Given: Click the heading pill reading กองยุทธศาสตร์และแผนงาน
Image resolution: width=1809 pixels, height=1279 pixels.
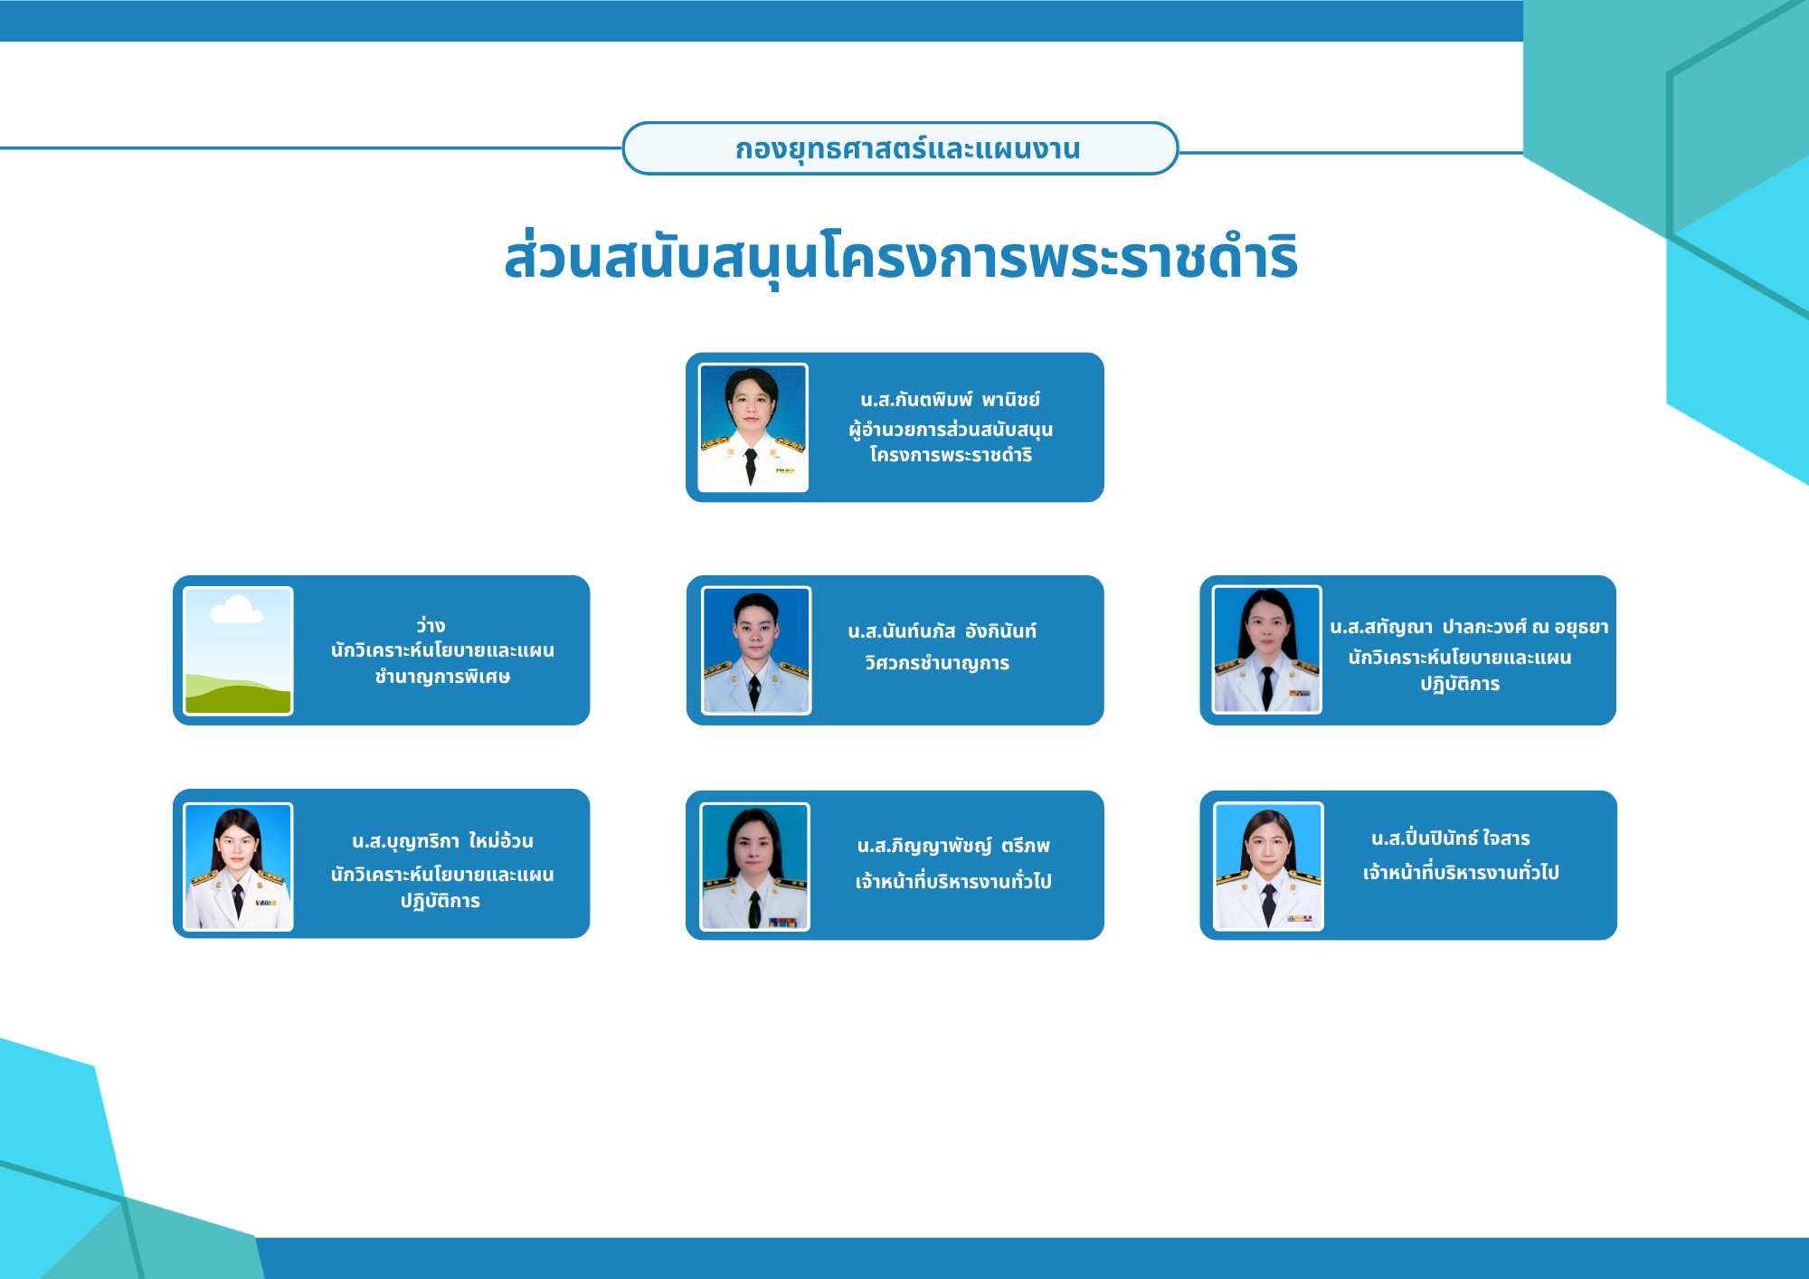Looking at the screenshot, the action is click(900, 148).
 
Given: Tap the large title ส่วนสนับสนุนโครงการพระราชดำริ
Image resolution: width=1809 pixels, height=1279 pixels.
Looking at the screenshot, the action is click(901, 258).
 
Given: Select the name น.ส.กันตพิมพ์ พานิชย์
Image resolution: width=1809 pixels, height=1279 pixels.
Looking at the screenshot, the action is click(951, 399).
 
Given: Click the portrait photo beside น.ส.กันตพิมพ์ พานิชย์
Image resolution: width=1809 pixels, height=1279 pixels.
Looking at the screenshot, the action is click(753, 428).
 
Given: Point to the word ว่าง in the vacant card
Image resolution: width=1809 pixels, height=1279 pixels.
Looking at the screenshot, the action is click(431, 625).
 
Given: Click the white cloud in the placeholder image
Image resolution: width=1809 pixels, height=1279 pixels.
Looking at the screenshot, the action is click(236, 611).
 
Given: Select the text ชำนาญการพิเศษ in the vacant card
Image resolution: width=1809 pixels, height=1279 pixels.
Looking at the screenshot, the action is click(442, 677).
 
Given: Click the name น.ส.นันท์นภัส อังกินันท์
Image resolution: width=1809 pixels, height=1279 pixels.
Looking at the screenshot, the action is click(942, 631).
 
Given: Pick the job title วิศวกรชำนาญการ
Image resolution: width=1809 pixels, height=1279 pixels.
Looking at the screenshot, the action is click(937, 663).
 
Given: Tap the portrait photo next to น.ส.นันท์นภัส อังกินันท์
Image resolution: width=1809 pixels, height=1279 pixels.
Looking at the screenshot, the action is click(756, 650).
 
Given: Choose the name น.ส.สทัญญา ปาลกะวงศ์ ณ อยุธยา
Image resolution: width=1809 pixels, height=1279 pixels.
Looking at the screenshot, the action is click(1469, 627).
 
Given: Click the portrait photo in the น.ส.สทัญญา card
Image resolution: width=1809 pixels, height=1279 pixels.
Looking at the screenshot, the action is click(1266, 649).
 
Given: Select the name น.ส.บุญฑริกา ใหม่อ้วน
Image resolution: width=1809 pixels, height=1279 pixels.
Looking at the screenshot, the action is click(442, 841).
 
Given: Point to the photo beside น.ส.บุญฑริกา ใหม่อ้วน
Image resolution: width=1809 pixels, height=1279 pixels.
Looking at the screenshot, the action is click(238, 867).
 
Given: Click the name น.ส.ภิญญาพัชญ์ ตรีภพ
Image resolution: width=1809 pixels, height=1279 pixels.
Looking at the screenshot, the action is click(953, 846).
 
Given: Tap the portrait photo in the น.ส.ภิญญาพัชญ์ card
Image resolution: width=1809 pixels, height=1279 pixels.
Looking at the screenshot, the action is click(754, 867).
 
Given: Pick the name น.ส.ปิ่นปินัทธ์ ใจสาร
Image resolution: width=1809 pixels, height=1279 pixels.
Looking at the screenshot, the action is click(1451, 838).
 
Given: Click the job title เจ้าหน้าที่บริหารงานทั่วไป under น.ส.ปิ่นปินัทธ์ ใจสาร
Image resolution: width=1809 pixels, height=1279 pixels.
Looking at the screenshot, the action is click(1461, 872).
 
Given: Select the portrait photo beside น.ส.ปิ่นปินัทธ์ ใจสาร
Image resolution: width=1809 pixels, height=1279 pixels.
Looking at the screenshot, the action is click(1268, 867).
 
